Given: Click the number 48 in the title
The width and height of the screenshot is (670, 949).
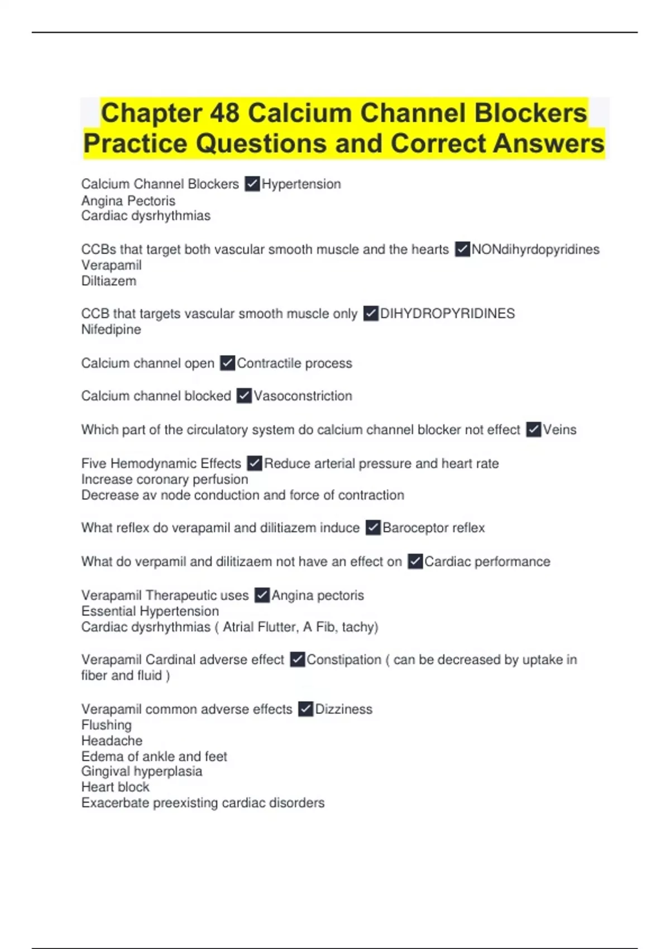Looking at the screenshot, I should pos(224,113).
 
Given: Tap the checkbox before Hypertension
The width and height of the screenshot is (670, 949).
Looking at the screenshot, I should pos(252,184).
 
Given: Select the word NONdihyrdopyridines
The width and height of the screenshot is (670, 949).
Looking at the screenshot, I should pos(535,250).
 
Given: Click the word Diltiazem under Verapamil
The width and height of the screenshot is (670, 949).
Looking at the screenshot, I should pos(109,281).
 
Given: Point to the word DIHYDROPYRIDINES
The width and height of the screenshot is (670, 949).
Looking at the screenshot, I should pos(447,314).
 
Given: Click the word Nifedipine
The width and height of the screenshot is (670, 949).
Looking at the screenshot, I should pos(111,329).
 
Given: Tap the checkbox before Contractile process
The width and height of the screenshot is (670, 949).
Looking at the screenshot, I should pos(227,363).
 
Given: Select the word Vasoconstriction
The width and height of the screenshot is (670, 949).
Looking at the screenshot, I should pos(303,396).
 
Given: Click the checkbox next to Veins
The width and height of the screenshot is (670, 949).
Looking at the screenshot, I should pos(534,430).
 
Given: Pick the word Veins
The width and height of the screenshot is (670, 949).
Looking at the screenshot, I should pos(559,430).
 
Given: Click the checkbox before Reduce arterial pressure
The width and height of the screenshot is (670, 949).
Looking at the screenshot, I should pos(255,463).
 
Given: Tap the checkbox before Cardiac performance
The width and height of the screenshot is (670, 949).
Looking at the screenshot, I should pos(415,562).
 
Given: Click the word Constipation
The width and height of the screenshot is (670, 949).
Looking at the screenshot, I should pos(344,660).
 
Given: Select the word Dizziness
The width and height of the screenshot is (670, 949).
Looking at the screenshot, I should pos(343,709).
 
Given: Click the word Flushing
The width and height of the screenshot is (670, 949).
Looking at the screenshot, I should pos(107,725).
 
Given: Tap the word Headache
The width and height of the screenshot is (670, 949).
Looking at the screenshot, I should pos(112,741).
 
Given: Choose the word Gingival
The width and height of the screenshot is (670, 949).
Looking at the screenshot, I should pos(107,771).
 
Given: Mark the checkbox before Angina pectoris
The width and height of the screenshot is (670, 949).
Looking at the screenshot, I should pos(262,596).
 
